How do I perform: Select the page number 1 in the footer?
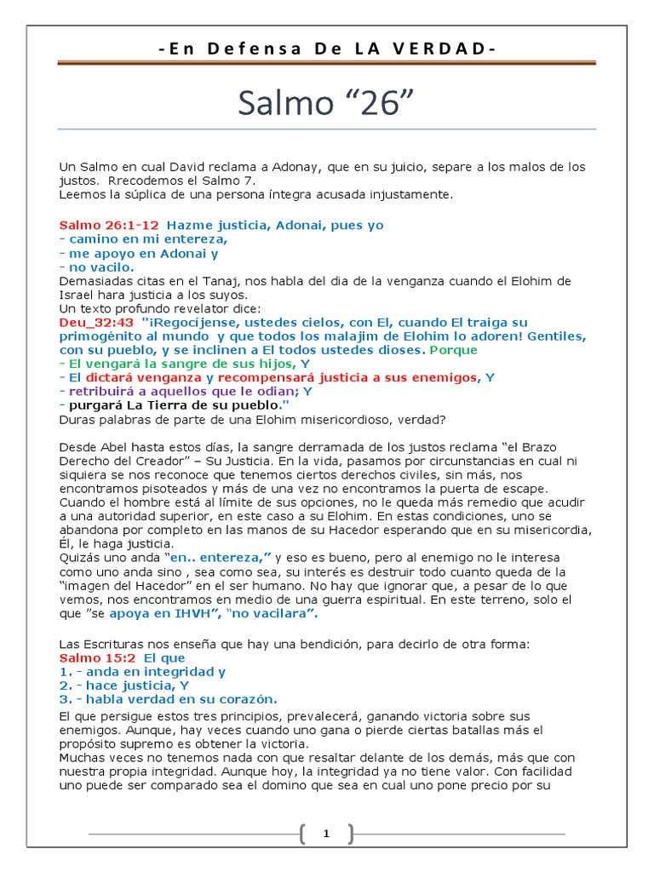pos(326,835)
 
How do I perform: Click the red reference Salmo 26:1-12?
pos(108,226)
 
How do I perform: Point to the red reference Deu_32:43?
pos(96,323)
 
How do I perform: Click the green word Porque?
pos(456,350)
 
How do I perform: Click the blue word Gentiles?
pos(555,336)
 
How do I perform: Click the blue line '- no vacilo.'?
pos(96,267)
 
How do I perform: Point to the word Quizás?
pos(78,557)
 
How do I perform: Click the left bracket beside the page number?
pos(302,835)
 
